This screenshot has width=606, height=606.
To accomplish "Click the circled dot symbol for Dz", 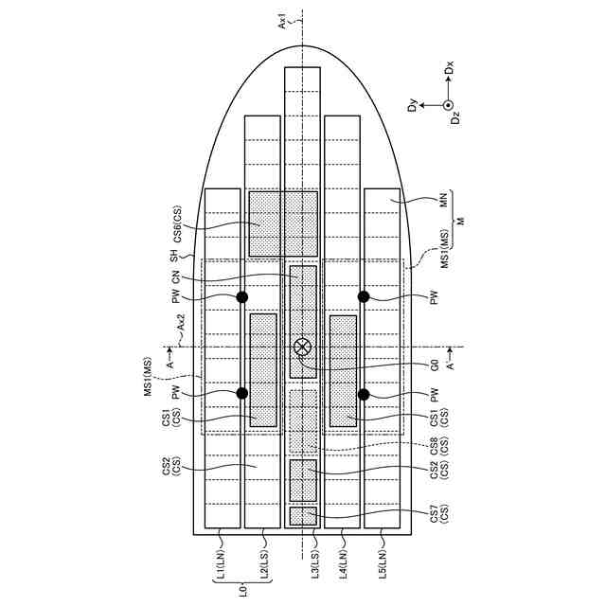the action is click(x=450, y=105).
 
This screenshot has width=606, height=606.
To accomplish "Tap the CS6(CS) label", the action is click(x=176, y=224).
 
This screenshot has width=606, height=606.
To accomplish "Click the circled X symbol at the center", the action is click(x=303, y=347).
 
